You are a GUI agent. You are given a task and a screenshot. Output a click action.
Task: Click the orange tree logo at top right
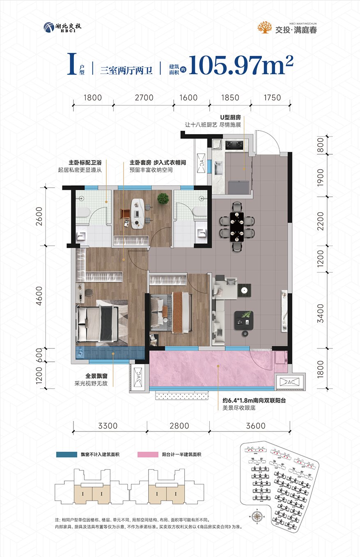tap(265, 27)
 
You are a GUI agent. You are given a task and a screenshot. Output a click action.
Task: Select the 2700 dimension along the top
tap(144, 98)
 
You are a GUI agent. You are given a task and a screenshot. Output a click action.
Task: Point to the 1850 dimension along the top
tap(229, 98)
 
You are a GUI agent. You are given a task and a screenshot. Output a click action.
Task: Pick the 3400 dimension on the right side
tap(320, 313)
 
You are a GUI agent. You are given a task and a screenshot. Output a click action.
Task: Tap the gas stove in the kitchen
tap(235, 144)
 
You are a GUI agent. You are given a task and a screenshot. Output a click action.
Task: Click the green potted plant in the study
tap(163, 199)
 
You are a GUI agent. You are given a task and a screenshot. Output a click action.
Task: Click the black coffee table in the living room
tap(243, 320)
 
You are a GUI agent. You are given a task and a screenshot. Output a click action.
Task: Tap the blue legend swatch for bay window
tap(66, 454)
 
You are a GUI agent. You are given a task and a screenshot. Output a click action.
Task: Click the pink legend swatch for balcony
tap(148, 454)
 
